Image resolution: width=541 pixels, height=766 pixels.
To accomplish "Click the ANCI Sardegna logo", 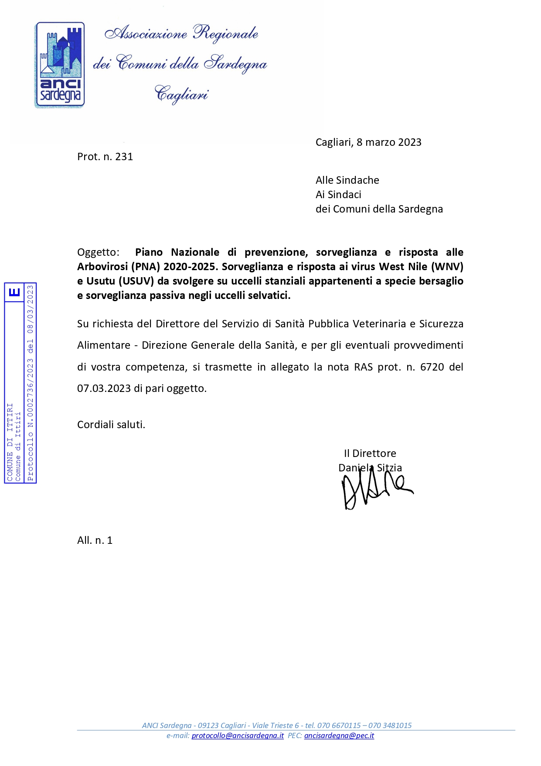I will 60,65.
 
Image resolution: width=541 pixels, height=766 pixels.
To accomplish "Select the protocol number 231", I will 124,157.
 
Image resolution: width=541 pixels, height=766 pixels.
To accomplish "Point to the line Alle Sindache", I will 347,180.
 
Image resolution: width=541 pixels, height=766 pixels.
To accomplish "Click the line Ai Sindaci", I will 338,195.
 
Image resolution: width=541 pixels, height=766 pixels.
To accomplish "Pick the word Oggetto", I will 98,252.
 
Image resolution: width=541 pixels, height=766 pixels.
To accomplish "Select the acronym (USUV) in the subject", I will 136,281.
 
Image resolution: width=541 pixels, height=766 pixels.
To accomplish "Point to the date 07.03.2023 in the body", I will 104,388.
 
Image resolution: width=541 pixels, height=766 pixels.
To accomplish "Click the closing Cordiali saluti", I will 111,425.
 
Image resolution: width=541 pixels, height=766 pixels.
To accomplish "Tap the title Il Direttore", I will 370,453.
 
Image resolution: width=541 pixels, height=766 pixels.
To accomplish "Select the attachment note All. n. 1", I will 95,540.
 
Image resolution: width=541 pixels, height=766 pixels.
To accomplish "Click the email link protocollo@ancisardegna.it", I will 238,735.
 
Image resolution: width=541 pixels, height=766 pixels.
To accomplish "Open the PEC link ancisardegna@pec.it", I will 339,735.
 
